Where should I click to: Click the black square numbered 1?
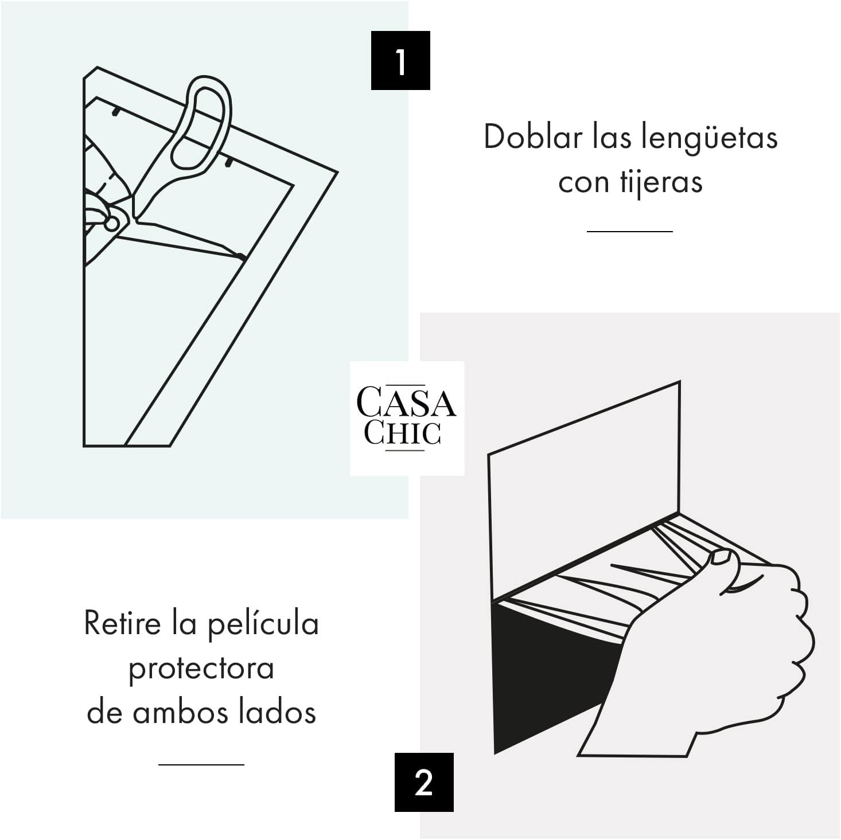pyautogui.click(x=400, y=60)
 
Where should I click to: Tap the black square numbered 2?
pyautogui.click(x=424, y=783)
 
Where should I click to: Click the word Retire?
pyautogui.click(x=123, y=623)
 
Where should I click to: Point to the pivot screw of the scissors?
pyautogui.click(x=112, y=224)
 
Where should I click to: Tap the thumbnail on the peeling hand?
pyautogui.click(x=721, y=557)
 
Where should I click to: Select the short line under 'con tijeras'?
pyautogui.click(x=630, y=231)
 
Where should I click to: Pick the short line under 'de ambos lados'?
pyautogui.click(x=201, y=764)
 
